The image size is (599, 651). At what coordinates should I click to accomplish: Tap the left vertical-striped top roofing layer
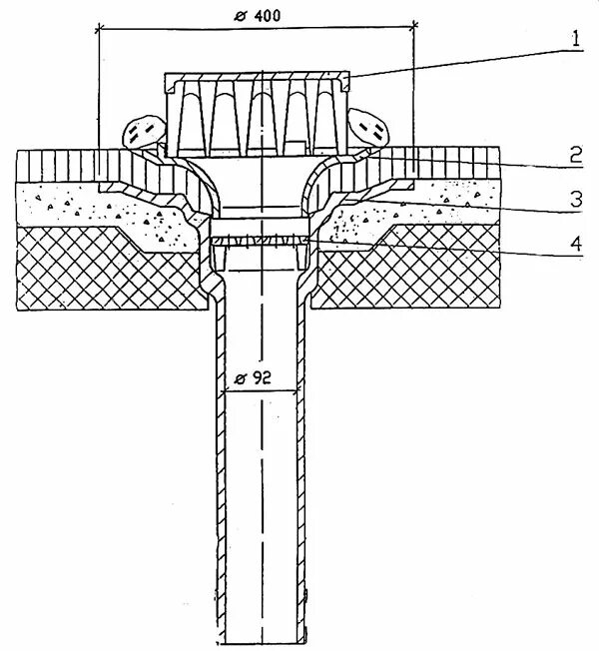(70, 163)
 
